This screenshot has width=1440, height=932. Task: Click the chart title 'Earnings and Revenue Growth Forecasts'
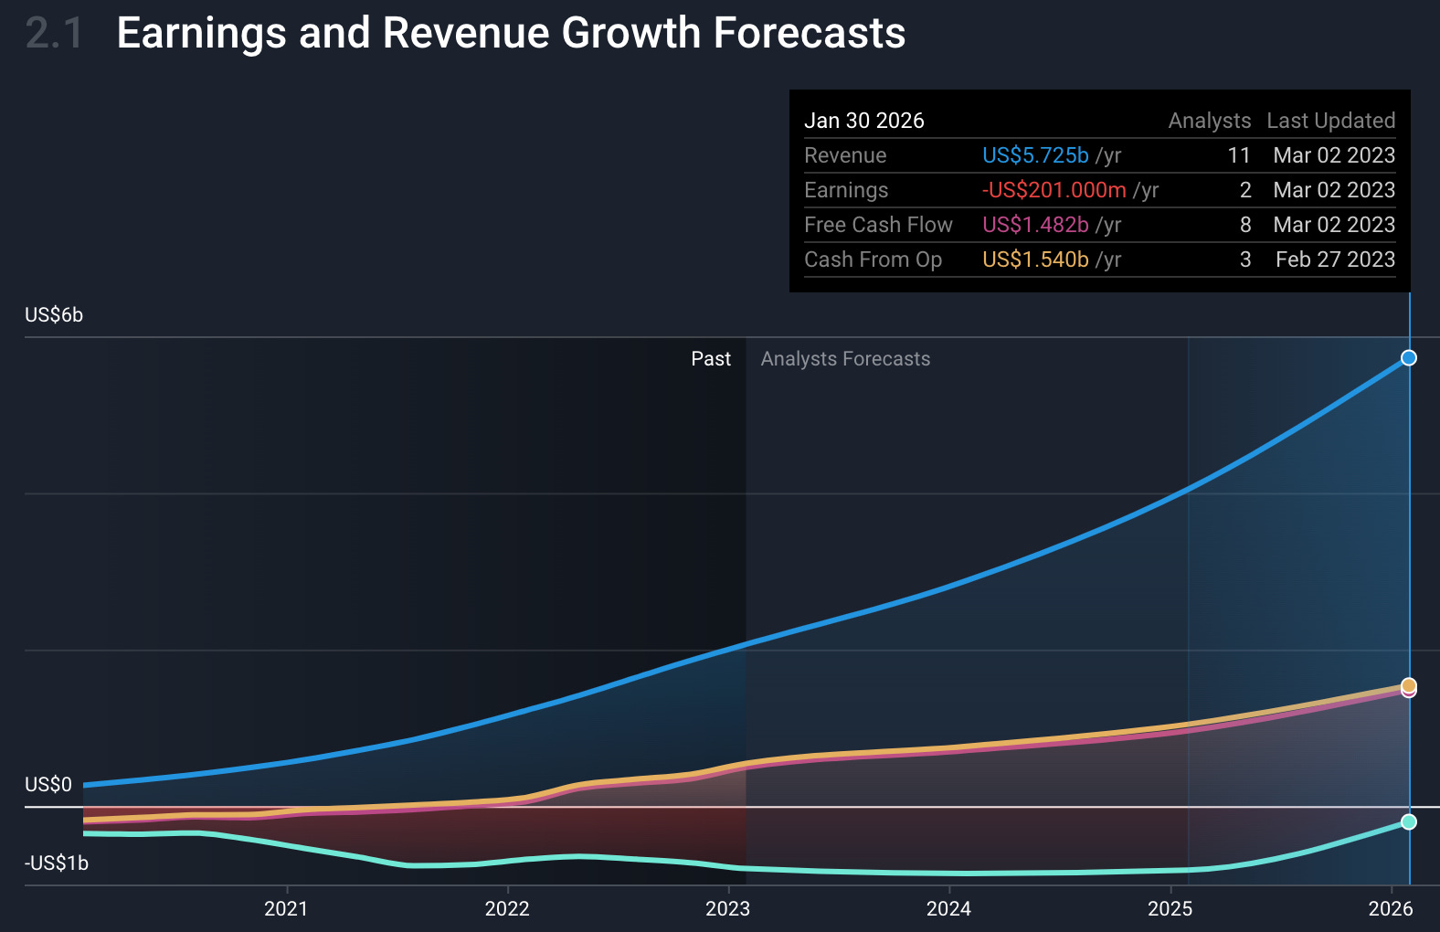[511, 33]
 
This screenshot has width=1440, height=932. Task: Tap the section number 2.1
[54, 34]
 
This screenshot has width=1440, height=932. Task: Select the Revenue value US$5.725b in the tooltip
[1034, 155]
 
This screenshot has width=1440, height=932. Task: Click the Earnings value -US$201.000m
[1054, 190]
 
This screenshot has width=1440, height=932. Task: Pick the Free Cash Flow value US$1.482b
[1034, 225]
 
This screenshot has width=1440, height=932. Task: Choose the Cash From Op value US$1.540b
[1034, 259]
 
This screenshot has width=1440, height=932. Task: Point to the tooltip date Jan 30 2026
[863, 121]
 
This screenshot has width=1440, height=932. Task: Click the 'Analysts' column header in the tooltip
[1209, 121]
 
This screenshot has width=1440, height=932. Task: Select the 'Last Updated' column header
[1330, 121]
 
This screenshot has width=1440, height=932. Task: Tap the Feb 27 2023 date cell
[1335, 259]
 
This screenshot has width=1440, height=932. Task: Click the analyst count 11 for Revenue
[1238, 155]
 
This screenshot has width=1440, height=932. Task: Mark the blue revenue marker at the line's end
[1409, 357]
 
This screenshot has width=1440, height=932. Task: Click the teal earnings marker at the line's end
[1409, 821]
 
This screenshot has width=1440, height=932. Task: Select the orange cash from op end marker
[1409, 684]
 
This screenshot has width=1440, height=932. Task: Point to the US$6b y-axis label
[54, 315]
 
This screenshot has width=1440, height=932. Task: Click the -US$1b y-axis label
[57, 863]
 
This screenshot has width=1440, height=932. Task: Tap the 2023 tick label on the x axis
[727, 908]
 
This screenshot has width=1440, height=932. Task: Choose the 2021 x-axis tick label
[286, 908]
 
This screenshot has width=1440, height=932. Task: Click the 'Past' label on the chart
[711, 359]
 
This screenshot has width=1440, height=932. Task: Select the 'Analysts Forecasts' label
[845, 359]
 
